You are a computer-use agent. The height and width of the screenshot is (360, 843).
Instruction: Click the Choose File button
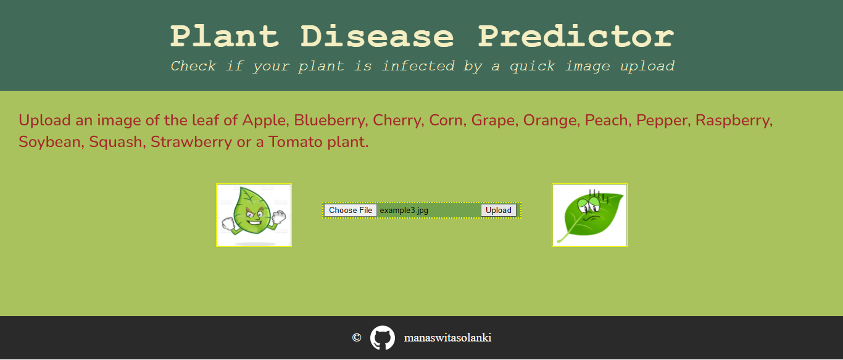tap(351, 211)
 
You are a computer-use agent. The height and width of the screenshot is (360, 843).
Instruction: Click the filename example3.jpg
tap(404, 211)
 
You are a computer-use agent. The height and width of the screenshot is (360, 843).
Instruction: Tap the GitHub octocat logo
tap(382, 338)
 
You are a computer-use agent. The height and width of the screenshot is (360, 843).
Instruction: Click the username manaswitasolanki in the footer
tap(447, 338)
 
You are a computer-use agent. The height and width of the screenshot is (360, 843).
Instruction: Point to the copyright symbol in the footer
tap(356, 338)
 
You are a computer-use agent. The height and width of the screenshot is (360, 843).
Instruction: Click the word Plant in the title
tap(225, 36)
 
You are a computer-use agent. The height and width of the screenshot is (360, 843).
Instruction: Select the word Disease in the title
tap(377, 36)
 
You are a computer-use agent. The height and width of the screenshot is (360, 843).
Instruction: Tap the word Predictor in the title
tap(576, 36)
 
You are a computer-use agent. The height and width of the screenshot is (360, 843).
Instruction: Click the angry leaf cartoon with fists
tap(254, 215)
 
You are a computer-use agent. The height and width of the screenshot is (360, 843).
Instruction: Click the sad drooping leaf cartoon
tap(589, 215)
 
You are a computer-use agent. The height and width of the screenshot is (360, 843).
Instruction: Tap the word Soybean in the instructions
tap(51, 142)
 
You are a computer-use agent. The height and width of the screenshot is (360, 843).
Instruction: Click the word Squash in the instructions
tap(117, 142)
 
